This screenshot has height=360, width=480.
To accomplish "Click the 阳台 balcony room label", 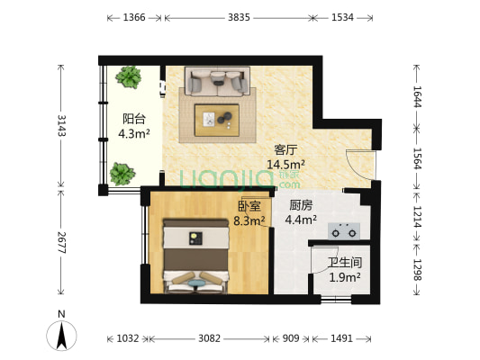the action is pos(134,119).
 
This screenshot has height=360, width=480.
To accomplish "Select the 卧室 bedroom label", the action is pos(249,206).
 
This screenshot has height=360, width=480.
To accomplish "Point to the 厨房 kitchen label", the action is pos(301,205).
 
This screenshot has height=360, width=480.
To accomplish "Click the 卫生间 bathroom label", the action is pos(345,263).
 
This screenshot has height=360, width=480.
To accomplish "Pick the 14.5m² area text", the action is pos(285,165).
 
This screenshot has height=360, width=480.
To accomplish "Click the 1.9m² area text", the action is pos(344,277).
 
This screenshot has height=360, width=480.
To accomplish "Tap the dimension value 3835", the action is pos(239,17).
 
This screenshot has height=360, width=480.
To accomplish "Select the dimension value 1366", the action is pos(134,17).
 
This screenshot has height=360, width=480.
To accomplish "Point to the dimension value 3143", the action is pos(61,125).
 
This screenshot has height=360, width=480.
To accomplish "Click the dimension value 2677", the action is pos(61,242).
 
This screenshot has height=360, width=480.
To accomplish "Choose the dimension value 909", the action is pos(291,338).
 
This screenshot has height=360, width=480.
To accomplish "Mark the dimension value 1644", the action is pos(418,96).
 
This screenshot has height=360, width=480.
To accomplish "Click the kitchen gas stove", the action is pos(344,231).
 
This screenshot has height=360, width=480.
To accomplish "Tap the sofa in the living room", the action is pos(217,81).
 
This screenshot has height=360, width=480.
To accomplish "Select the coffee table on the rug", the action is pos(217,120).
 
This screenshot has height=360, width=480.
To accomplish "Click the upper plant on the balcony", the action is pos(129,76).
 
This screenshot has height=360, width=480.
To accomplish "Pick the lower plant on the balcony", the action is pos(122,174).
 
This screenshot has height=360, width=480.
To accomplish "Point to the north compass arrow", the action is pos(61,336).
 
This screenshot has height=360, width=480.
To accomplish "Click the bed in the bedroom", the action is pos(196,256).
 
